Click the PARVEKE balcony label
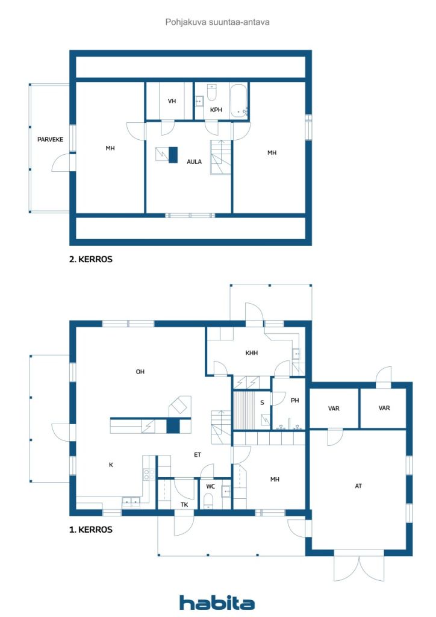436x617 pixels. click(50, 139)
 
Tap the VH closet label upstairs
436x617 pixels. click(172, 101)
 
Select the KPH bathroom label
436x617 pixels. click(216, 110)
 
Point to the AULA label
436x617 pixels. click(195, 161)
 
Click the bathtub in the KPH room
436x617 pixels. click(238, 101)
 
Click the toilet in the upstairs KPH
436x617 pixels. click(212, 92)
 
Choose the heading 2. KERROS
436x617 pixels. click(91, 259)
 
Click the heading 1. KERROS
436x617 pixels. click(91, 530)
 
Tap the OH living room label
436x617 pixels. click(140, 371)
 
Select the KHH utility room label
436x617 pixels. click(252, 353)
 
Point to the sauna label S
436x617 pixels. click(262, 402)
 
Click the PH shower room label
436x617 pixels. click(295, 401)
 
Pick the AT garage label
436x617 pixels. click(358, 486)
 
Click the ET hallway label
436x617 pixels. click(198, 454)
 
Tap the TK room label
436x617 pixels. click(184, 504)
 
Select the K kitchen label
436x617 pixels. click(111, 465)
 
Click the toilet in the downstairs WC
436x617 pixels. click(208, 502)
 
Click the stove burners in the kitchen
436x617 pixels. click(149, 474)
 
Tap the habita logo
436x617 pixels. click(217, 603)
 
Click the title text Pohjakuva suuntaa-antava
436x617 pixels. click(217, 22)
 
